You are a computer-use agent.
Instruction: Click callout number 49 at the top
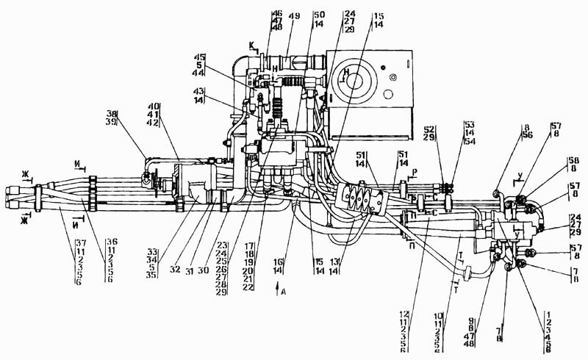click(294, 15)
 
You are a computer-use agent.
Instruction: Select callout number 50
click(318, 14)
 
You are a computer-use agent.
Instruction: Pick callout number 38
click(111, 114)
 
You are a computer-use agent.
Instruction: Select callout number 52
click(430, 129)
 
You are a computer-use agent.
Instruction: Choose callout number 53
click(468, 123)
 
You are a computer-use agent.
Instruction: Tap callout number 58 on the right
click(573, 159)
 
